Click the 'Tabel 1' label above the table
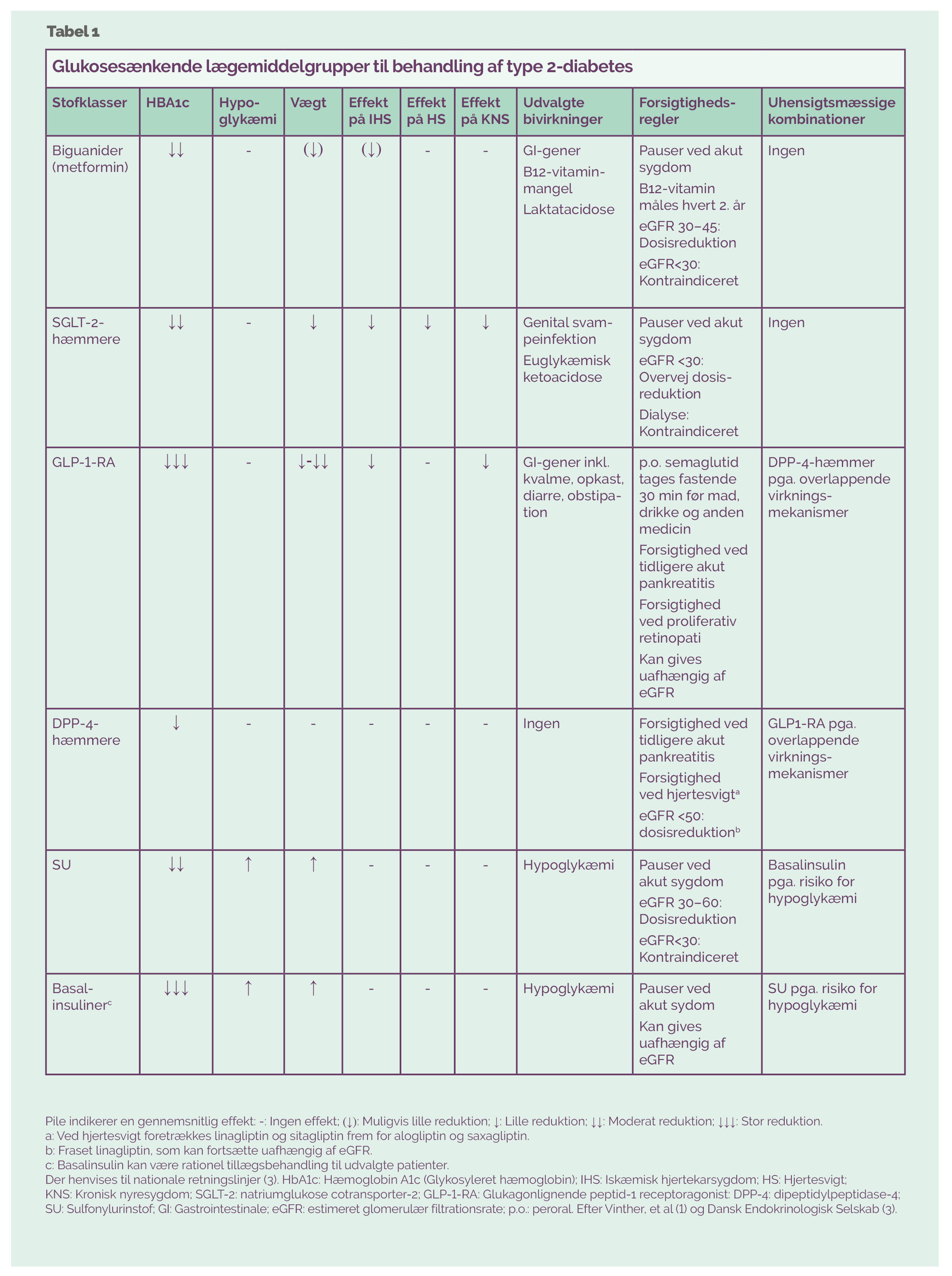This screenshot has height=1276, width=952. tap(73, 32)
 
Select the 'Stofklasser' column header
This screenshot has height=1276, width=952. tap(89, 103)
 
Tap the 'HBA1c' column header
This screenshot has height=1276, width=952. tap(167, 103)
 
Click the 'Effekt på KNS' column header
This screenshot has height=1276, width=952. tap(485, 111)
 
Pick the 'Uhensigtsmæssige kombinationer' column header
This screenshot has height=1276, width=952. tap(831, 111)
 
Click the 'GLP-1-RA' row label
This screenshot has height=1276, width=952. tap(83, 462)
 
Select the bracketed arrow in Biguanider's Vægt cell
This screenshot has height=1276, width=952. tap(313, 150)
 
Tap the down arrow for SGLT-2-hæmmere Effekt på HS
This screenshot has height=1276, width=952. tap(427, 322)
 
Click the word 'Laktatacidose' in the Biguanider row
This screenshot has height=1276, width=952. tap(568, 209)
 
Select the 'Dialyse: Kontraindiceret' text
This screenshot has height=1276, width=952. tap(688, 423)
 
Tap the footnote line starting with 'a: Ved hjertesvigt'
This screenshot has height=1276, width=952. tap(287, 1135)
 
